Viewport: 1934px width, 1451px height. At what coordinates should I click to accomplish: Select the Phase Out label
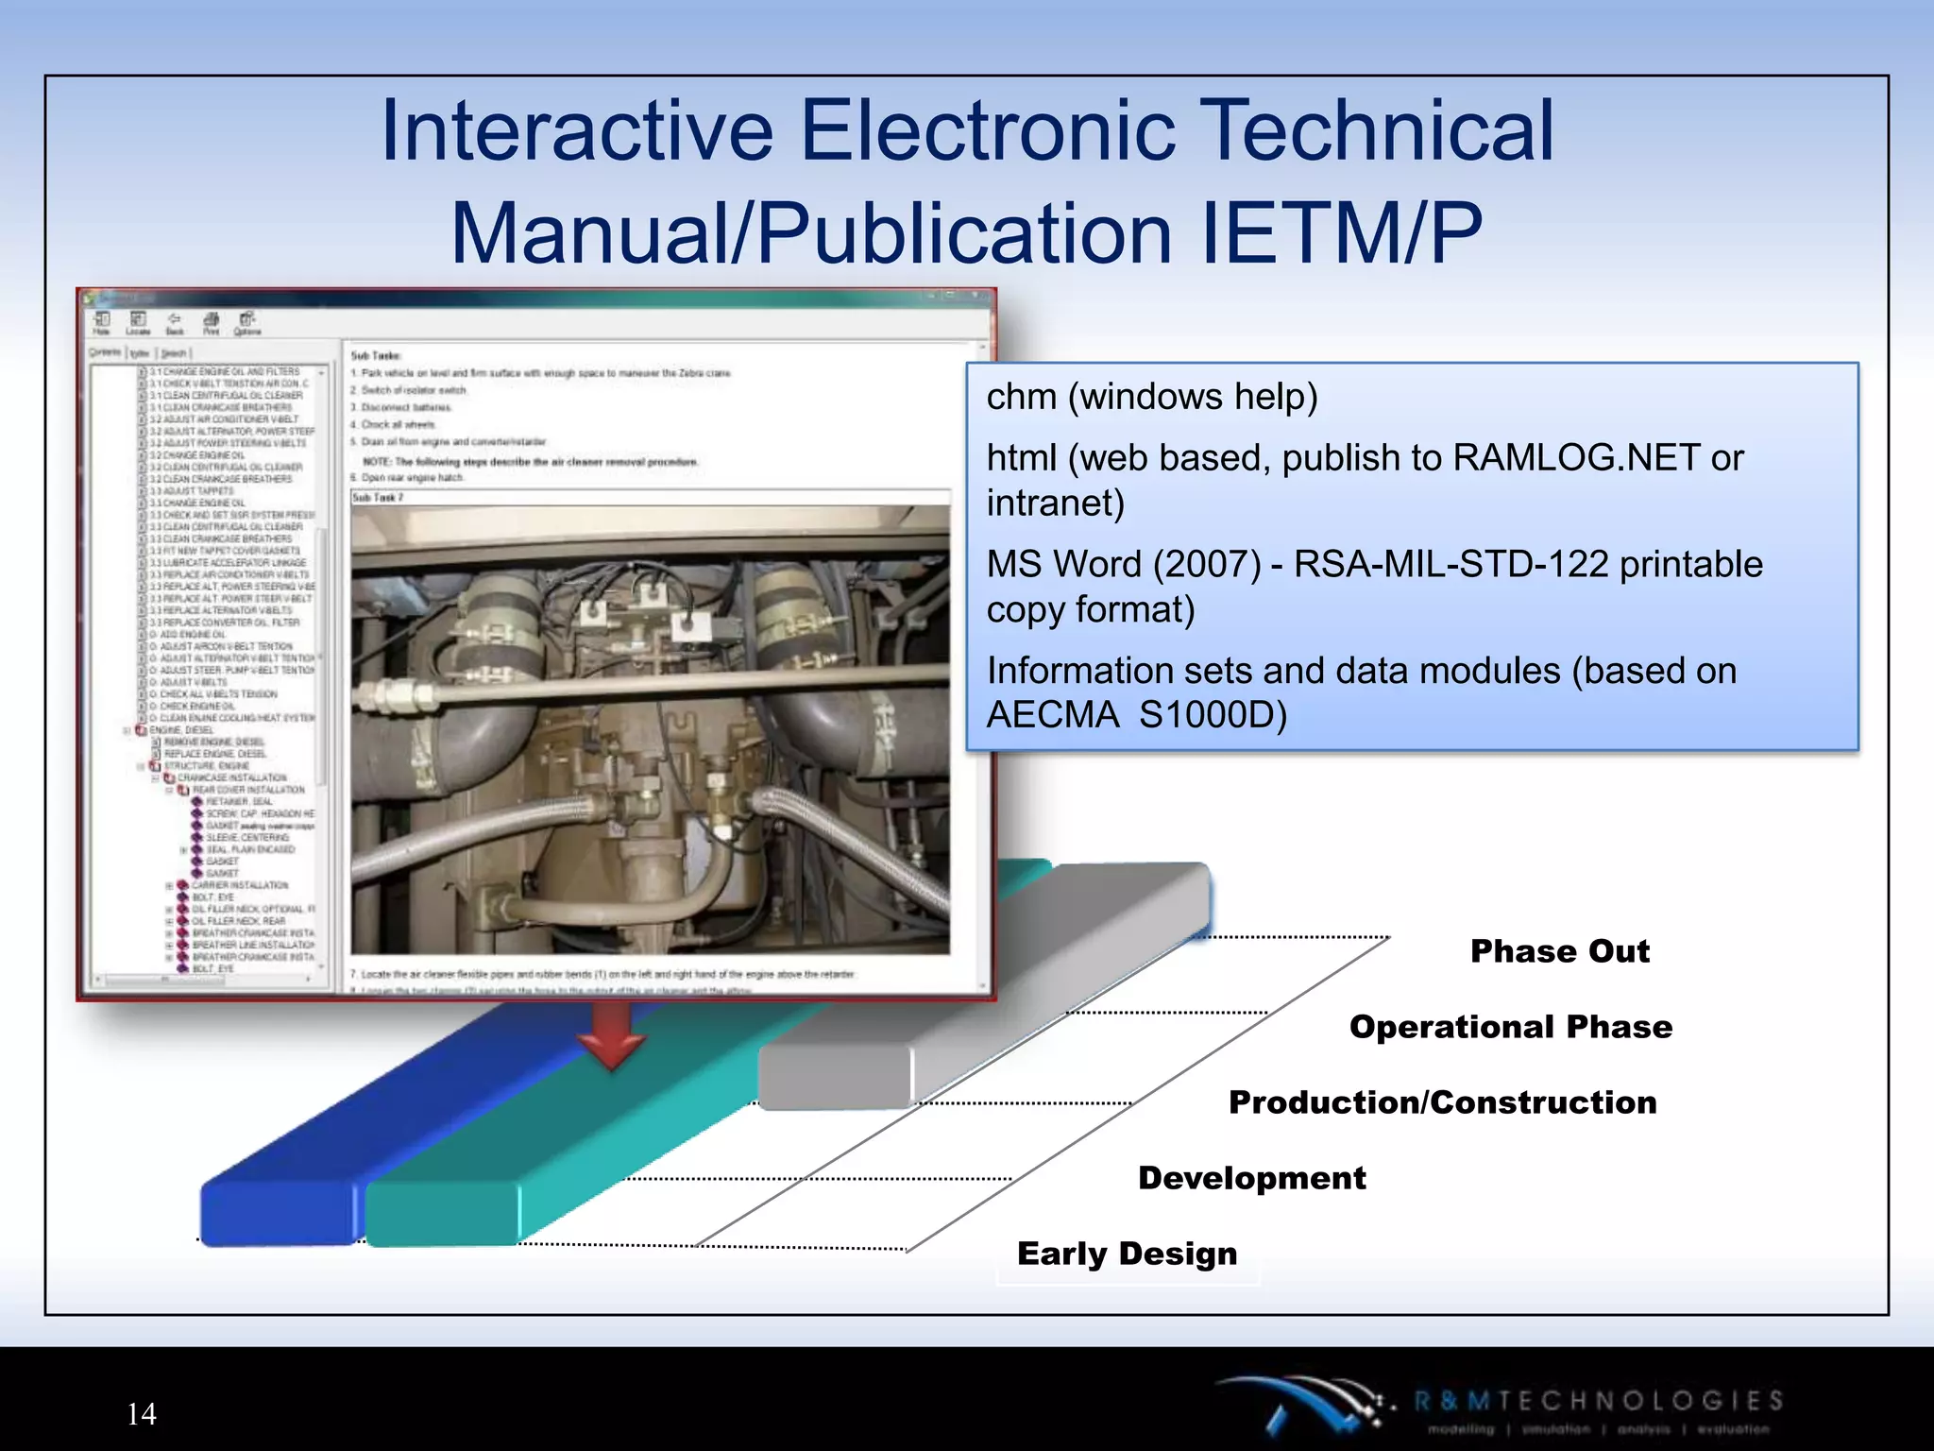(x=1560, y=951)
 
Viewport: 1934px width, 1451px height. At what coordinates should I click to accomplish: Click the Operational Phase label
(x=1510, y=1027)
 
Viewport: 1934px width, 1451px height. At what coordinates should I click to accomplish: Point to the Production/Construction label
(x=1442, y=1102)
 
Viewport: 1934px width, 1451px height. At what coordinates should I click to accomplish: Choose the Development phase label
(x=1251, y=1178)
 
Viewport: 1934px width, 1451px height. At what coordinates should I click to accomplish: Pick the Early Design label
(x=1127, y=1254)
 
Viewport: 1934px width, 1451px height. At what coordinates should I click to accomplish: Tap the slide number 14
(x=142, y=1414)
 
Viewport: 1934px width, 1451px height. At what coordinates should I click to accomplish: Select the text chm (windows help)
(x=1151, y=397)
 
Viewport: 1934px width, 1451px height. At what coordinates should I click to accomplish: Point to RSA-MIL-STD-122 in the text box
(x=1450, y=564)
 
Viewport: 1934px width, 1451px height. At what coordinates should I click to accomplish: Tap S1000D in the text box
(x=1213, y=715)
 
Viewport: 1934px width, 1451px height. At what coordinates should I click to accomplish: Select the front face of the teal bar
(x=442, y=1213)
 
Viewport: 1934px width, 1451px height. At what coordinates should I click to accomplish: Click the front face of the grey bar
(x=834, y=1077)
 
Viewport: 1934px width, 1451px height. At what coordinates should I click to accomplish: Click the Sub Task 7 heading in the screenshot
(x=378, y=497)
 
